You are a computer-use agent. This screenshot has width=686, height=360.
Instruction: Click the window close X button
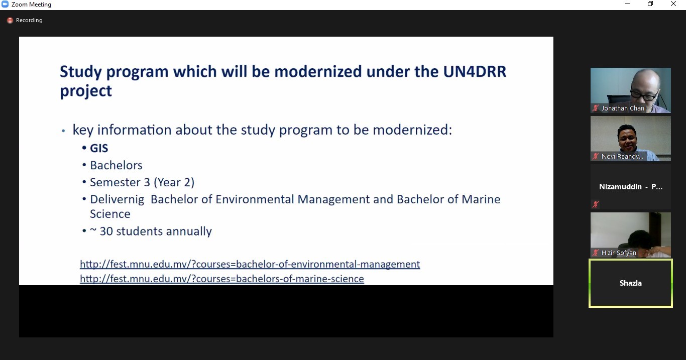(x=673, y=4)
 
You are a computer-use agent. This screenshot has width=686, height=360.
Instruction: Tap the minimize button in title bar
(x=628, y=4)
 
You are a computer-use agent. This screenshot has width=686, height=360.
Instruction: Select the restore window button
(x=650, y=4)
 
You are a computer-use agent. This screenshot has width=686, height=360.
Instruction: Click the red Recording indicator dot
(x=10, y=20)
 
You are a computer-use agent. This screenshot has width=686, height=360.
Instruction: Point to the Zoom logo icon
(x=5, y=5)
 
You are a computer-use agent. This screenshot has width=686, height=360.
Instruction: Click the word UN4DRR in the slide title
(x=475, y=72)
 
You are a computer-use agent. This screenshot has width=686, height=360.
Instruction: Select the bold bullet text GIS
(x=99, y=148)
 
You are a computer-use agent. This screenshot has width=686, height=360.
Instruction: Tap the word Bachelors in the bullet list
(x=116, y=165)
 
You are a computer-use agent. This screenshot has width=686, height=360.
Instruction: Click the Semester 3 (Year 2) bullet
(x=142, y=182)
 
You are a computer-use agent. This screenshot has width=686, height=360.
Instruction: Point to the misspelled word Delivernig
(x=117, y=200)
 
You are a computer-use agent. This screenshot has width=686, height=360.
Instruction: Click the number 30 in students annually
(x=106, y=231)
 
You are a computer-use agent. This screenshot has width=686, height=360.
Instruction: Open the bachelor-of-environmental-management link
(x=250, y=264)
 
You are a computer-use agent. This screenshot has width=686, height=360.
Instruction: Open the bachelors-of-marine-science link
(x=222, y=279)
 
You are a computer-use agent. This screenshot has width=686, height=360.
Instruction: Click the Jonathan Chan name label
(x=623, y=108)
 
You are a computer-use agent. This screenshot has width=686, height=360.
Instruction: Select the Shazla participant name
(x=631, y=283)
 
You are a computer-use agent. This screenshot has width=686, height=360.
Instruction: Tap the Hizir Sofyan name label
(x=619, y=253)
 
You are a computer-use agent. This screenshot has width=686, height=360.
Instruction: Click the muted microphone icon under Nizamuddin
(x=595, y=204)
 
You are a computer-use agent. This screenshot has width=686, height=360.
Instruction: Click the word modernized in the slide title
(x=318, y=72)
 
